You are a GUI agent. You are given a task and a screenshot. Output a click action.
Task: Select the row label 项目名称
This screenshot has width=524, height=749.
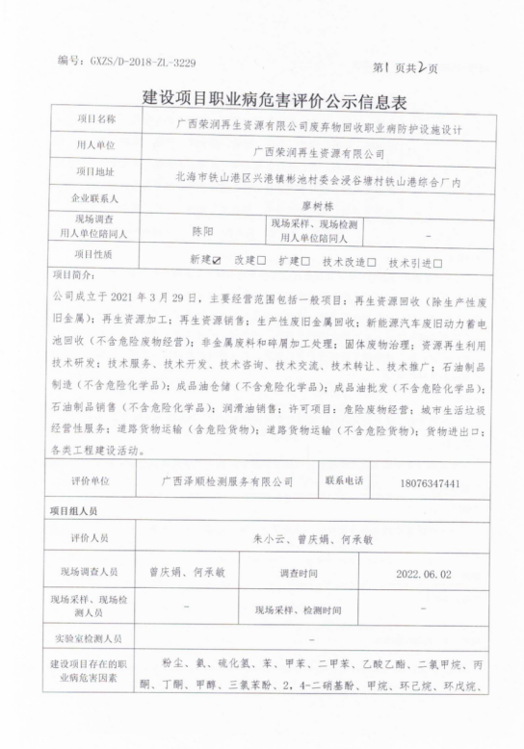pyautogui.click(x=94, y=122)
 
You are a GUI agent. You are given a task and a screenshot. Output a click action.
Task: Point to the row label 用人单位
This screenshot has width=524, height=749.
pyautogui.click(x=94, y=147)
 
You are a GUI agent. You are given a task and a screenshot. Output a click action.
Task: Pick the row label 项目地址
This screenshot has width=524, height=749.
pyautogui.click(x=94, y=172)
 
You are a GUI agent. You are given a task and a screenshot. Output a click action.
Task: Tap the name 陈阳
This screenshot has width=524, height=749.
pyautogui.click(x=202, y=231)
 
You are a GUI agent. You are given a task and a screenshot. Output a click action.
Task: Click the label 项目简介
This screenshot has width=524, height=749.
pyautogui.click(x=74, y=275)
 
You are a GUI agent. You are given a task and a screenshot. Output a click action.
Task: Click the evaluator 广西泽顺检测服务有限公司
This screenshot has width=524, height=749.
pyautogui.click(x=228, y=480)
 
